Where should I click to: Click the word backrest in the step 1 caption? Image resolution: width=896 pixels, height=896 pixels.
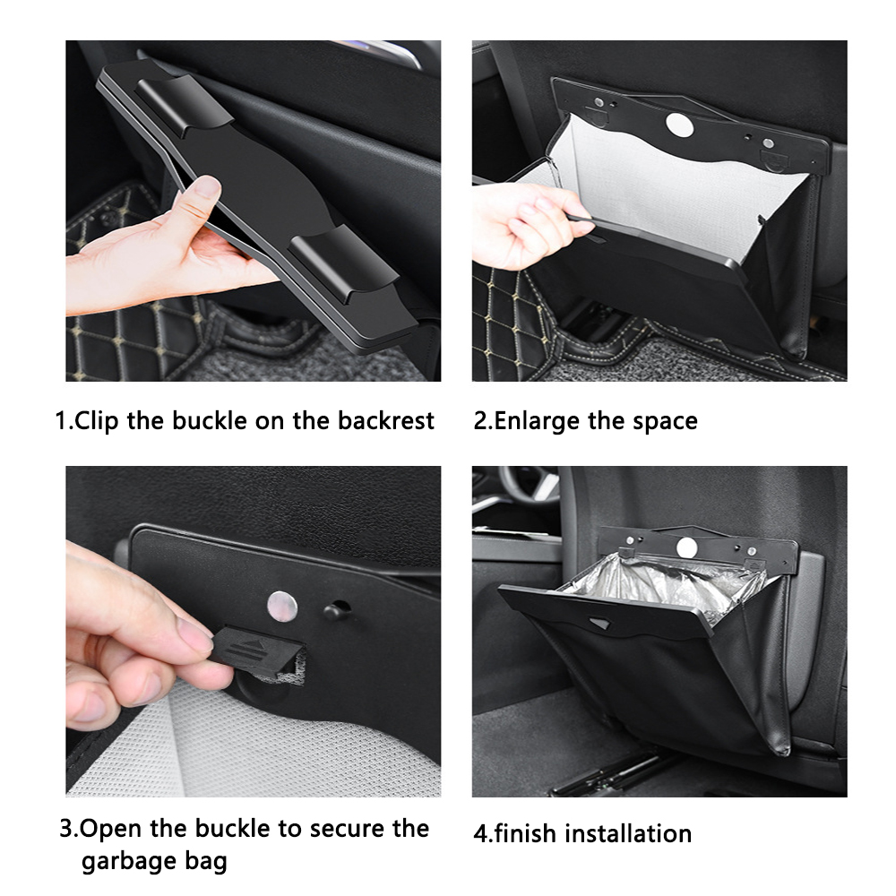tap(385, 420)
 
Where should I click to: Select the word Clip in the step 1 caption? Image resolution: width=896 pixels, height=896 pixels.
tap(96, 421)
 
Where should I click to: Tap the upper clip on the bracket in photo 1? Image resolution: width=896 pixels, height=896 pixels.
tap(184, 106)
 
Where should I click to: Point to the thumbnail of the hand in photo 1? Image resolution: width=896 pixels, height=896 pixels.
tap(206, 187)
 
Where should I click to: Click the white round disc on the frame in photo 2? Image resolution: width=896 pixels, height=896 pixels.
tap(679, 125)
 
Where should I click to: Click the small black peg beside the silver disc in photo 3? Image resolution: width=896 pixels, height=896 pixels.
tap(336, 611)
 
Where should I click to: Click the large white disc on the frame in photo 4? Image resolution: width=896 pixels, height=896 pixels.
tap(687, 547)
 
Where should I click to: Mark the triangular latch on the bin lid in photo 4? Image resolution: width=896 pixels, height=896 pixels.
tap(599, 624)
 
